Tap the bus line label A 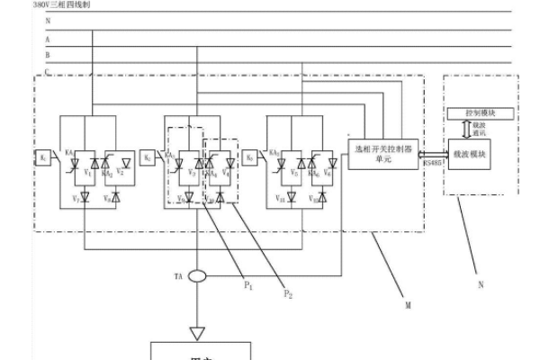[x=47, y=40]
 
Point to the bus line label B [x=47, y=54]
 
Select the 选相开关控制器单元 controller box [x=376, y=150]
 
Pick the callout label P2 [x=287, y=294]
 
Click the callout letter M [x=408, y=306]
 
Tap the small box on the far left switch [x=42, y=157]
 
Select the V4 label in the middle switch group [x=225, y=170]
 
